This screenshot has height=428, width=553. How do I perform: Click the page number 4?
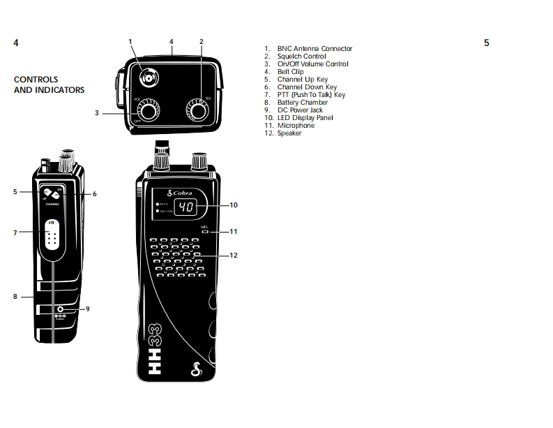click(16, 43)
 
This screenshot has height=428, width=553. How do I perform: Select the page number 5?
click(486, 43)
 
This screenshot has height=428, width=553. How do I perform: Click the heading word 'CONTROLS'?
click(36, 80)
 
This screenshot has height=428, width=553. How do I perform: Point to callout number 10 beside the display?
click(234, 205)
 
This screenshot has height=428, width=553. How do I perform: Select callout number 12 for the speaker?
click(234, 256)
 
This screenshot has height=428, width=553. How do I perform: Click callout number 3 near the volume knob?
click(98, 112)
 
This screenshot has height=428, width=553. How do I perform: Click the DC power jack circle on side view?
click(61, 309)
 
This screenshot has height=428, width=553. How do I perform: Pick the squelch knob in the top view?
click(197, 110)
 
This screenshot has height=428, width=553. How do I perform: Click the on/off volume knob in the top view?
click(147, 112)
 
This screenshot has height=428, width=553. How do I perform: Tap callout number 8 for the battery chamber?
click(15, 297)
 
